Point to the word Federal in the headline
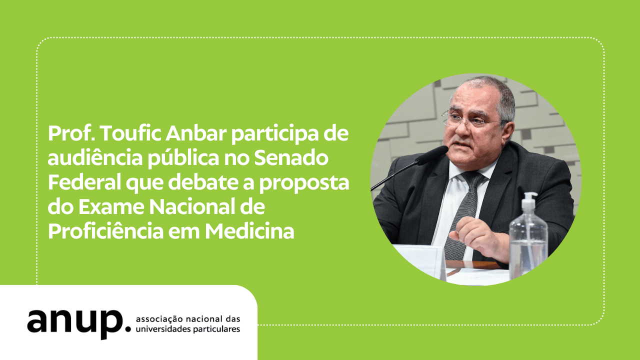pyautogui.click(x=85, y=182)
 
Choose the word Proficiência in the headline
pyautogui.click(x=105, y=231)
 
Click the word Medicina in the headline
pyautogui.click(x=249, y=231)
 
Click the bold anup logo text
pyautogui.click(x=75, y=323)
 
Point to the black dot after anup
pyautogui.click(x=128, y=328)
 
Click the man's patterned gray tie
pyautogui.click(x=463, y=215)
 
